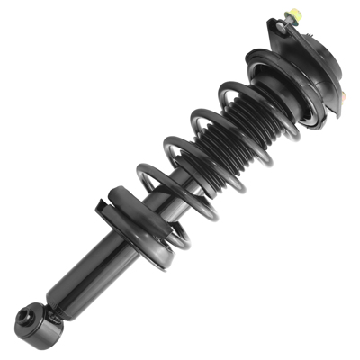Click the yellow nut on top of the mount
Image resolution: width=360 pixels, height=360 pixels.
point(292,15)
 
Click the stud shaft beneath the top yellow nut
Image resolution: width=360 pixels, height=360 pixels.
point(294,24)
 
